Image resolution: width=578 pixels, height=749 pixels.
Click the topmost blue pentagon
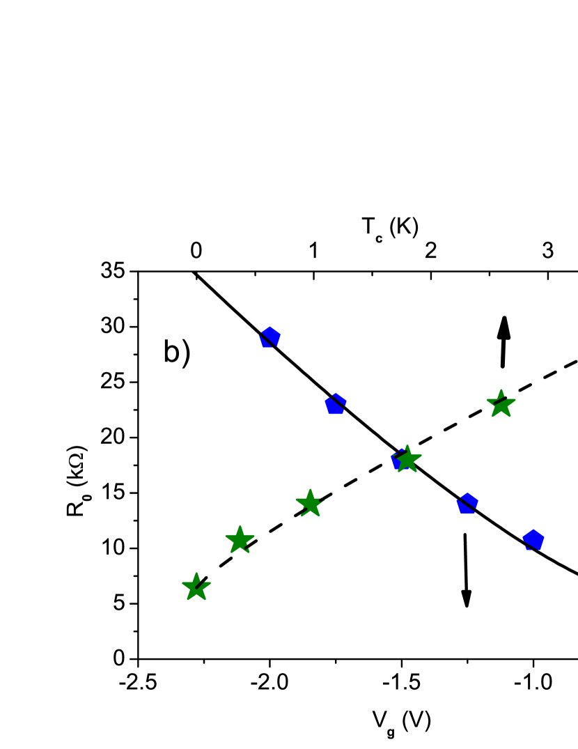[270, 337]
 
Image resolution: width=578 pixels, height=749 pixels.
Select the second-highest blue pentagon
[336, 404]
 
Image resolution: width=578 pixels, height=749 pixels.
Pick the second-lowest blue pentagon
[467, 504]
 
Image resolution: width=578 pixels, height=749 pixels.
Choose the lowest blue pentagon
[533, 539]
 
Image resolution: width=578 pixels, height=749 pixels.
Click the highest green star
[501, 405]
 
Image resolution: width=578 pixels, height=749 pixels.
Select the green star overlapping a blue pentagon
[407, 460]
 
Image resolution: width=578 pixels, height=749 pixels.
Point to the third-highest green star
[309, 503]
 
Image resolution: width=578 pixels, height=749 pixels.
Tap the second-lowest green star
[240, 540]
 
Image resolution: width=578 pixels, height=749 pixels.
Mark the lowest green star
[196, 587]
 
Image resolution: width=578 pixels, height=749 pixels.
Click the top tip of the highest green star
[501, 389]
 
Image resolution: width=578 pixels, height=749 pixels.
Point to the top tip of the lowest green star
[196, 573]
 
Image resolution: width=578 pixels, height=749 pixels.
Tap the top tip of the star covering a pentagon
[407, 445]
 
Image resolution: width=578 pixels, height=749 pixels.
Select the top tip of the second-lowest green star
[240, 525]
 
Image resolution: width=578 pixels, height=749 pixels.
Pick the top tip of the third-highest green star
[309, 488]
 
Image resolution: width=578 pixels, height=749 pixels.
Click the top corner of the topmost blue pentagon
[270, 326]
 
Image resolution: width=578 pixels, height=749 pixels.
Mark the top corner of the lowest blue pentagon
[533, 529]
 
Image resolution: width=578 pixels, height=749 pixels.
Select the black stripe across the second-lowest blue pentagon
[467, 502]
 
